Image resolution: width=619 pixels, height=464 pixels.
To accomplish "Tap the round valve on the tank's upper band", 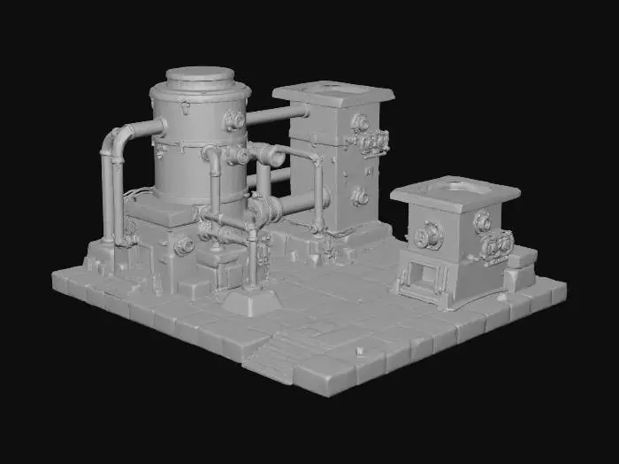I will tap(234, 120).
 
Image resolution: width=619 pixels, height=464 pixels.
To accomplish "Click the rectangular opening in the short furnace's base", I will tap(423, 280).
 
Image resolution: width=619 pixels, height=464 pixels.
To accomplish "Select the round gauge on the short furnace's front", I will tap(429, 235).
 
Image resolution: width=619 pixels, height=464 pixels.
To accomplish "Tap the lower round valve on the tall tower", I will tap(360, 197).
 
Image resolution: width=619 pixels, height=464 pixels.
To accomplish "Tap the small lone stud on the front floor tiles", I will tap(359, 352).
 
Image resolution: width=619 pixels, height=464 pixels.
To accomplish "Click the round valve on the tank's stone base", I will tap(183, 245).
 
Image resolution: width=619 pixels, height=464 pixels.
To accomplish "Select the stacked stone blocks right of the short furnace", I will tap(520, 267).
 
